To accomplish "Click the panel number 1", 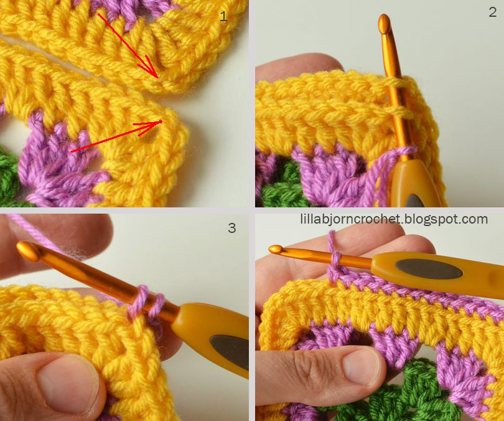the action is pos(223,16).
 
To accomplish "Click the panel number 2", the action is pos(492,12).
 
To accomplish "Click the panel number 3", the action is pos(231,228).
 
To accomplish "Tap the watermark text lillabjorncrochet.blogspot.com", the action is pos(394,219).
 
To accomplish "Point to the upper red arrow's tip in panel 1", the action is pos(158,77).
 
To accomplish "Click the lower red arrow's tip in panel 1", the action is pos(162,121).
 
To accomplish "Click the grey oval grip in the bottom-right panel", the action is pos(429,269).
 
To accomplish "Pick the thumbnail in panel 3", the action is pos(68,382).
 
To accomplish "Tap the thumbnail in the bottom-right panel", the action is pos(361,367).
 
